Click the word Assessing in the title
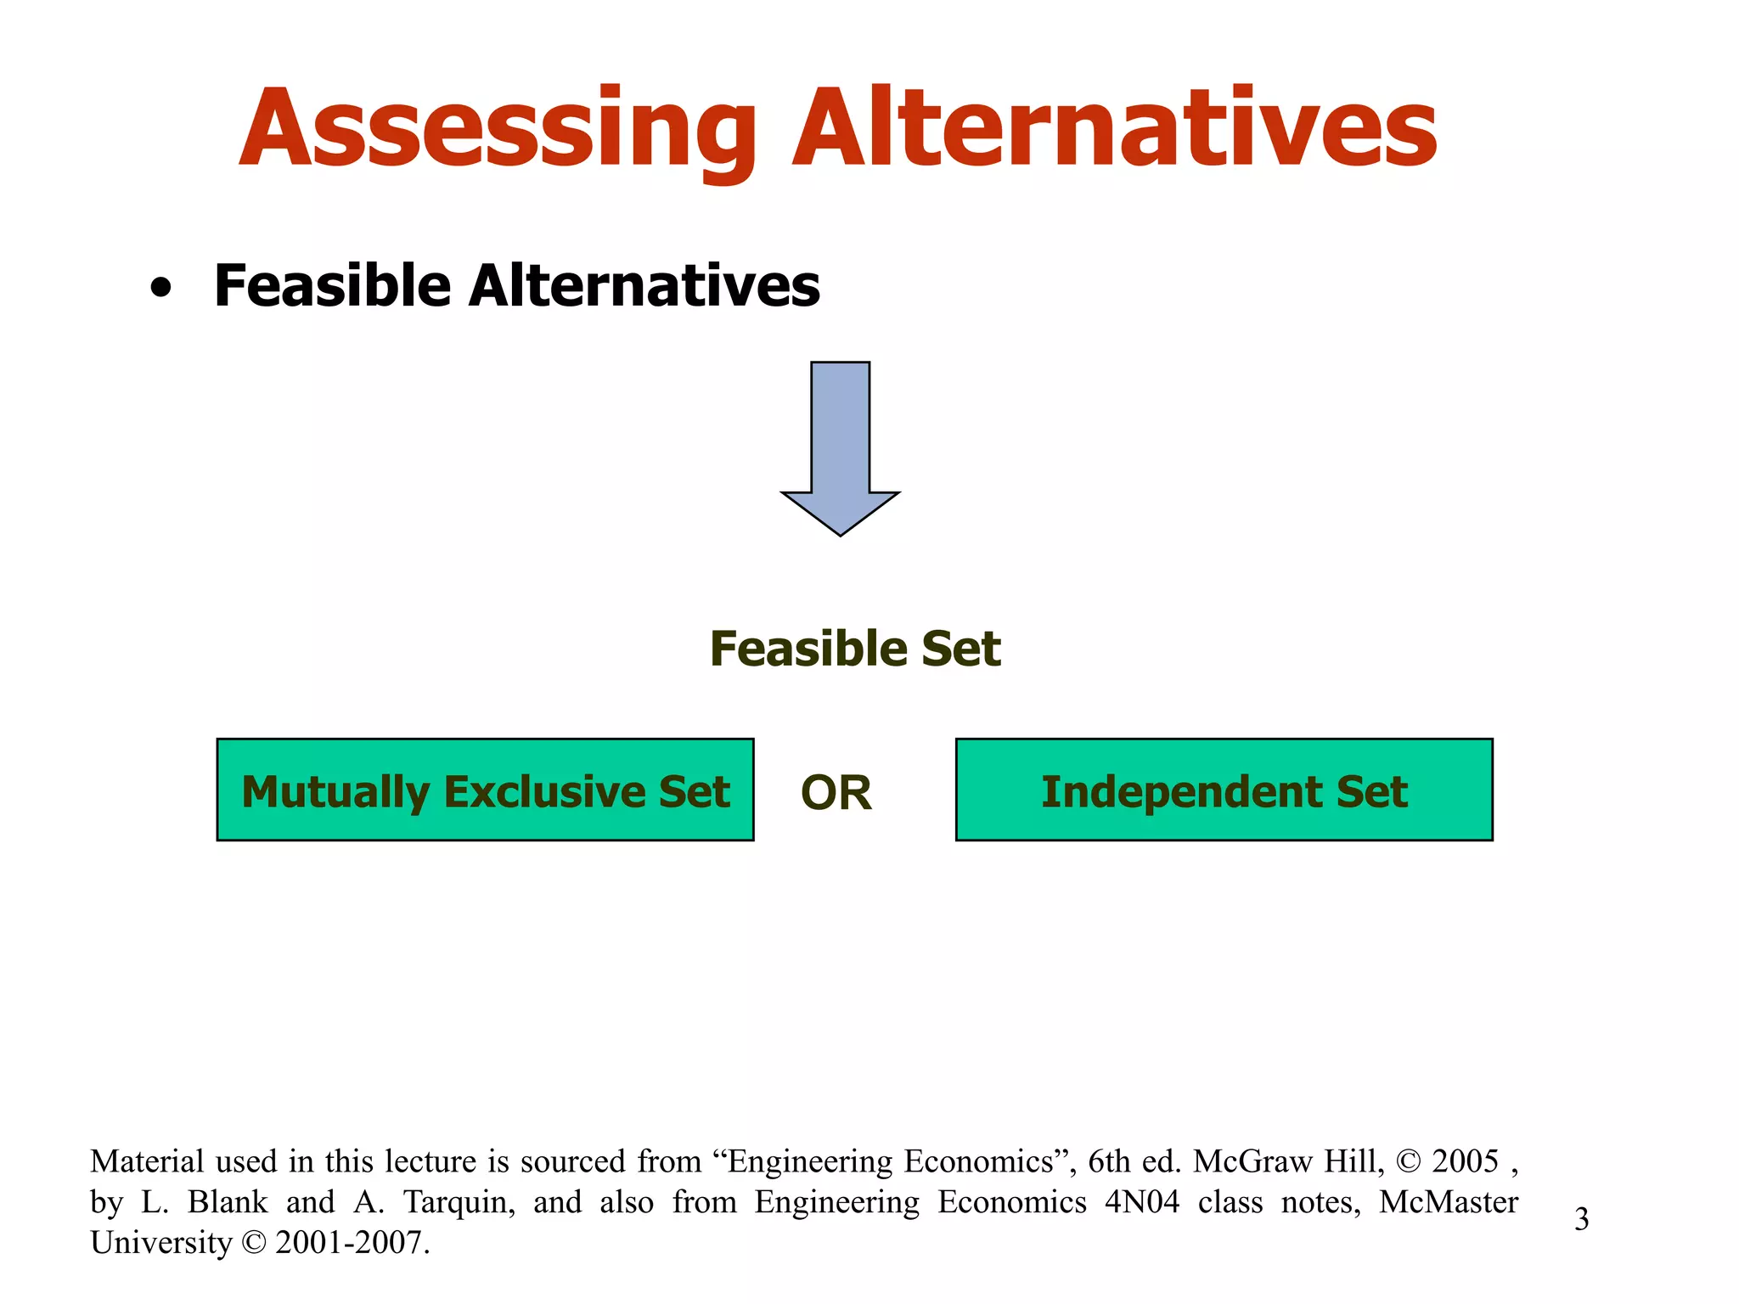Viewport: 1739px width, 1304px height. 497,129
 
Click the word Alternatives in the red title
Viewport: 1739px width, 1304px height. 1113,129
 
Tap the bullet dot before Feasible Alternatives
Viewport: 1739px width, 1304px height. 160,289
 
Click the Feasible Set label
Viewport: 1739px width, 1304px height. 855,649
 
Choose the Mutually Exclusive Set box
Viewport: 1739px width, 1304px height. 485,790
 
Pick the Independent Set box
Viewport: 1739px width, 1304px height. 1224,790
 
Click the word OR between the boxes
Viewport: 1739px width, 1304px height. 836,793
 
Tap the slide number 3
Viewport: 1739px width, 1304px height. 1581,1219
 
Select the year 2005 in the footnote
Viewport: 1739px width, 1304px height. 1465,1161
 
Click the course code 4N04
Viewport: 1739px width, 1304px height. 1142,1202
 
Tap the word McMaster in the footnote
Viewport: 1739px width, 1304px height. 1448,1202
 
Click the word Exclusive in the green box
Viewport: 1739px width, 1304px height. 545,791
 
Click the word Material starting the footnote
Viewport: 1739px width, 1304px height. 147,1161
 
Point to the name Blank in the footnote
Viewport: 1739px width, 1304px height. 228,1202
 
